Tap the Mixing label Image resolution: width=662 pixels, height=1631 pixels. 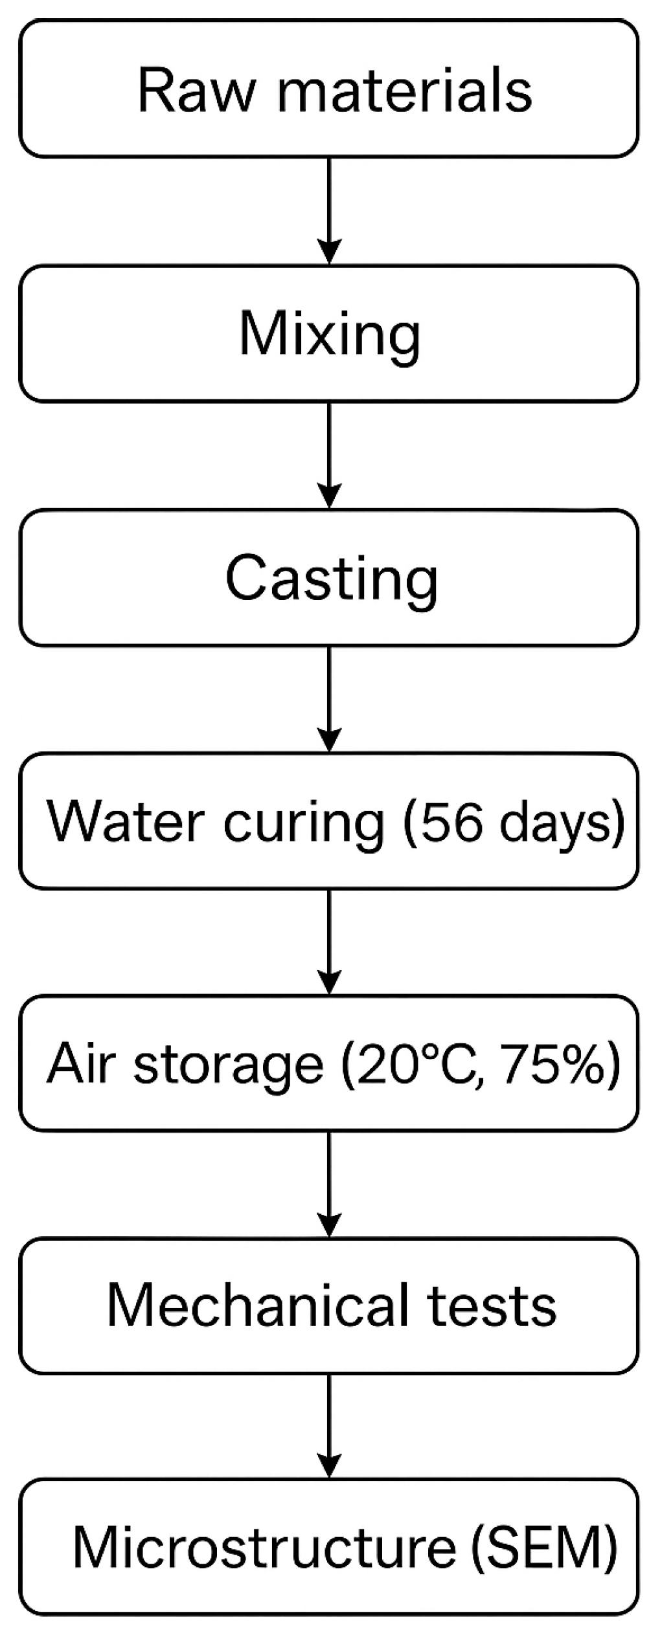pyautogui.click(x=330, y=335)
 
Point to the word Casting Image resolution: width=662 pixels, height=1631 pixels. pyautogui.click(x=331, y=579)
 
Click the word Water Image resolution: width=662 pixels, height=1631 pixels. pyautogui.click(x=126, y=822)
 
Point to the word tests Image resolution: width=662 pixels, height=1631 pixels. pyautogui.click(x=492, y=1306)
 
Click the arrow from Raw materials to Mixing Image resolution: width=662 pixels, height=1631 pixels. pyautogui.click(x=330, y=210)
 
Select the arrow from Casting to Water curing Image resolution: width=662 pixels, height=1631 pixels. pyautogui.click(x=330, y=699)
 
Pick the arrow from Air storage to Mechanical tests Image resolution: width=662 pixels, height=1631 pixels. pyautogui.click(x=330, y=1184)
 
